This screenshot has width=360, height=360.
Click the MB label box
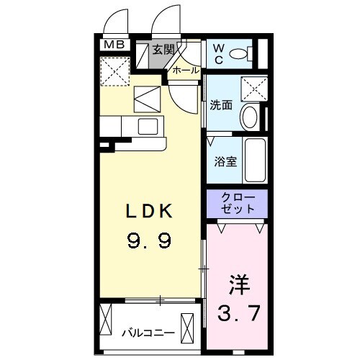tap(114, 45)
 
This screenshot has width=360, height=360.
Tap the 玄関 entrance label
tap(164, 50)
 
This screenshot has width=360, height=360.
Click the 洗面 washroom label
tap(221, 105)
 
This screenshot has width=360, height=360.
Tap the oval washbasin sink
tap(251, 117)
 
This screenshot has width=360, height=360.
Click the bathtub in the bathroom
tap(255, 161)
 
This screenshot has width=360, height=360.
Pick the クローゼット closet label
tap(237, 204)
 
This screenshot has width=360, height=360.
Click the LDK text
tap(149, 212)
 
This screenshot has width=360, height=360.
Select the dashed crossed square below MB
tap(113, 71)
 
